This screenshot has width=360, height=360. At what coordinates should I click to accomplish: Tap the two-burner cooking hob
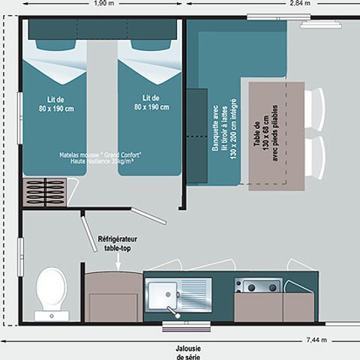257,286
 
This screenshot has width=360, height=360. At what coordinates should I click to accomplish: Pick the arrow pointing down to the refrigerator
115,260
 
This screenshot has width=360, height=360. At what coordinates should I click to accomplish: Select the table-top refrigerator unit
112,297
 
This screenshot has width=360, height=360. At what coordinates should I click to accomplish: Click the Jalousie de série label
180,351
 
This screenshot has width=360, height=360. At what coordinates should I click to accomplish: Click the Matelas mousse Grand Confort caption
100,157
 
